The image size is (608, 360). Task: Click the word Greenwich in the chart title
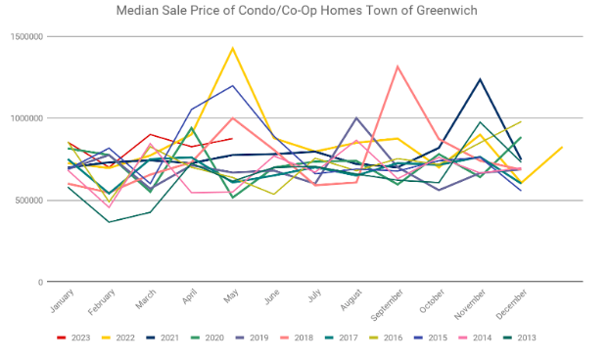446,11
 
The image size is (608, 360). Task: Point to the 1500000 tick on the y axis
26,37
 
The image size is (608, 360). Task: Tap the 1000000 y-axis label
26,118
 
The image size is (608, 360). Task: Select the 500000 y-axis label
28,201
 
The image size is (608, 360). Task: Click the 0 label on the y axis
40,282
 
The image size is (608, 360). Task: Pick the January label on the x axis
62,300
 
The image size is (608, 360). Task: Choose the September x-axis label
387,305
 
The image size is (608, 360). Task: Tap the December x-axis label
512,304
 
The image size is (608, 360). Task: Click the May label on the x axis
231,296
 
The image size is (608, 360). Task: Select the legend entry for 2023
73,337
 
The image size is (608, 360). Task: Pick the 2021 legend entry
163,337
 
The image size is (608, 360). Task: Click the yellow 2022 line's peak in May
233,48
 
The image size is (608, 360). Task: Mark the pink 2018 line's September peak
398,67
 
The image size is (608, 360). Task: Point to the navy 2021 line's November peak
480,79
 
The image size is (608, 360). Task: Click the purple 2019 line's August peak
356,117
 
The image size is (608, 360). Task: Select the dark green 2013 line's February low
109,222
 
